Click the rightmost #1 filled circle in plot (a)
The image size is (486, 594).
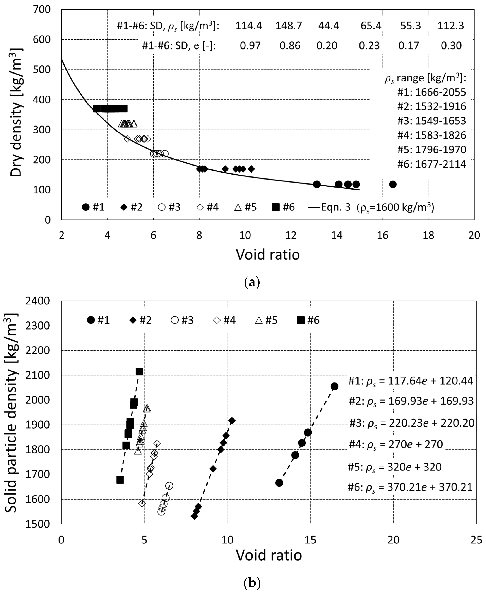coord(393,184)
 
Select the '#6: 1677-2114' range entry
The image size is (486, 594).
coord(432,164)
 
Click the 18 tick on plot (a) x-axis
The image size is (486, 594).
coord(428,235)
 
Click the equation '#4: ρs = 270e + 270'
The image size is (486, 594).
coord(396,444)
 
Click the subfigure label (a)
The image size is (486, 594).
coord(252,282)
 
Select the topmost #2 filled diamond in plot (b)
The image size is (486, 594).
coord(232,421)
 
